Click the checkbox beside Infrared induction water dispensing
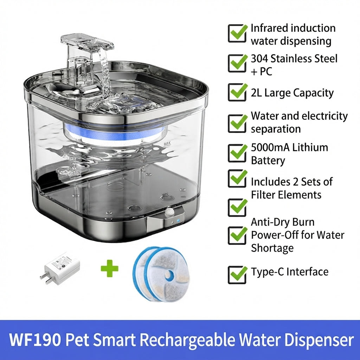[x=237, y=33]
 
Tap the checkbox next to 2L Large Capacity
[x=237, y=92]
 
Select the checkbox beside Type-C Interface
[x=237, y=275]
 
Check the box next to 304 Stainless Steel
[x=237, y=63]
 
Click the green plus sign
[x=110, y=268]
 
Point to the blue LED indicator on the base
[x=178, y=221]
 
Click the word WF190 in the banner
[x=35, y=340]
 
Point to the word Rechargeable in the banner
[x=187, y=340]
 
